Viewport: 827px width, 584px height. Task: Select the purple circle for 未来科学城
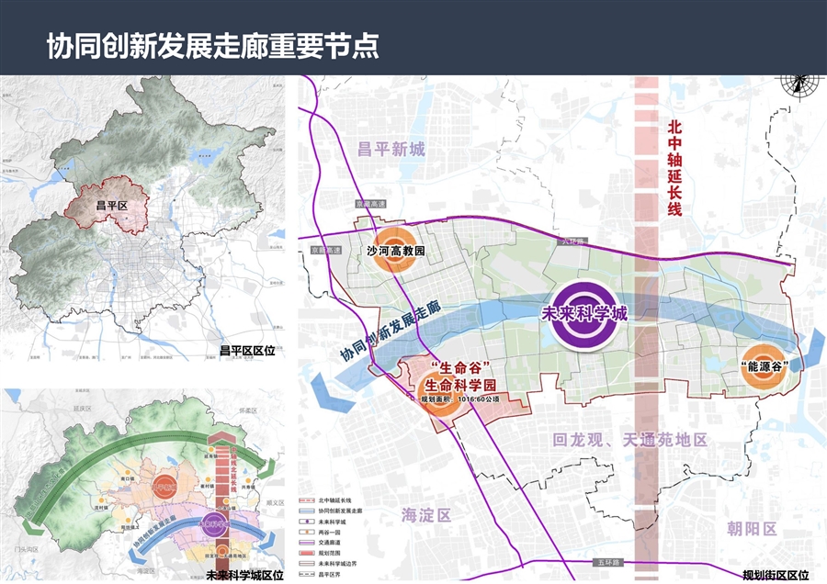(x=584, y=314)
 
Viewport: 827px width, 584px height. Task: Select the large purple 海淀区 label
(x=427, y=514)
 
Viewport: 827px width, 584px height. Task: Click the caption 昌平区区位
(x=247, y=350)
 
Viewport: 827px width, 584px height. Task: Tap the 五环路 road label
(x=610, y=559)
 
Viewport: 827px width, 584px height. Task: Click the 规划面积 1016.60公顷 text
(x=457, y=400)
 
